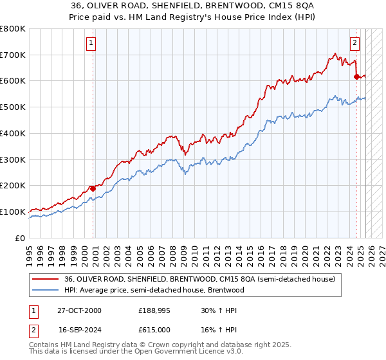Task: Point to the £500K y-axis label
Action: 13,107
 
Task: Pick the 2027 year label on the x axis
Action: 382,250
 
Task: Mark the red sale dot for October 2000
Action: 93,188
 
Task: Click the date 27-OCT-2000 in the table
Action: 80,310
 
